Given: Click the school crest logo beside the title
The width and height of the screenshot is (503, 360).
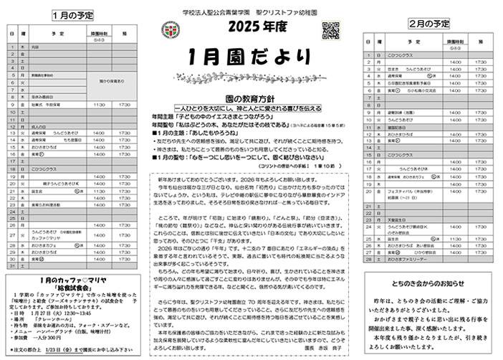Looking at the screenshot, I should coord(170,31).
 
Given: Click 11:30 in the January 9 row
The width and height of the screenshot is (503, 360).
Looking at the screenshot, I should coord(99,105).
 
